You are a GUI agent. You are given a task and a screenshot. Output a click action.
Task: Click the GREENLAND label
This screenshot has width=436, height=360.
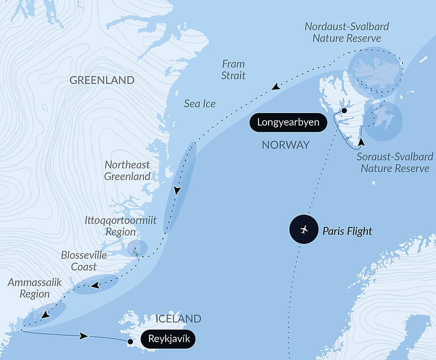tap(102, 80)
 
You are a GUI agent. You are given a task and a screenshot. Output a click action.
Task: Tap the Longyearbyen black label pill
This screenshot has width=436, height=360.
tap(288, 122)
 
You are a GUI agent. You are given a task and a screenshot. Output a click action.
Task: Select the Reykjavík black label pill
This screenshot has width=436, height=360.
tap(169, 339)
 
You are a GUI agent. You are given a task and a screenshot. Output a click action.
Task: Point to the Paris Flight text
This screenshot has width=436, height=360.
tap(347, 231)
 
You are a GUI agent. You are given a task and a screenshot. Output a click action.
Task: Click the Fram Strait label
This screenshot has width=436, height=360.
tap(233, 70)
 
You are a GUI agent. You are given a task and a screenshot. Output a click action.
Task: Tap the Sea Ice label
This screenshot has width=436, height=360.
tap(199, 104)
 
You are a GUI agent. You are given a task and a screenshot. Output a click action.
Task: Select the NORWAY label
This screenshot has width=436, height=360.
tap(285, 145)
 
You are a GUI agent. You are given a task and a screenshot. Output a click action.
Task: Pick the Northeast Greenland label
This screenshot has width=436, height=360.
tap(127, 171)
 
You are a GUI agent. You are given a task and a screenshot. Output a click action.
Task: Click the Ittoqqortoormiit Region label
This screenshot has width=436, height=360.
tap(120, 226)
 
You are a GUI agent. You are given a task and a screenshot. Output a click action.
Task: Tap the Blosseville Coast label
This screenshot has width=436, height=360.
tap(84, 261)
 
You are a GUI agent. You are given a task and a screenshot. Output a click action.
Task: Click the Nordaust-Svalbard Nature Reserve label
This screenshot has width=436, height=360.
tap(346, 32)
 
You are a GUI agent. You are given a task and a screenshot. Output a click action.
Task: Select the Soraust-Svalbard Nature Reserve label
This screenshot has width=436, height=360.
tap(395, 162)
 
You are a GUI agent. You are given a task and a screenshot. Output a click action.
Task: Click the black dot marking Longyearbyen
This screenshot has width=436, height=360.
tap(344, 111)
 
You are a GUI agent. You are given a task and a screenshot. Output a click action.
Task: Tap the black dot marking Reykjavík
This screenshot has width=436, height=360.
tap(129, 342)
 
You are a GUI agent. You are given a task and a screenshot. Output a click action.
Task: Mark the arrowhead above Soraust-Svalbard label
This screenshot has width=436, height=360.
tap(361, 142)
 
